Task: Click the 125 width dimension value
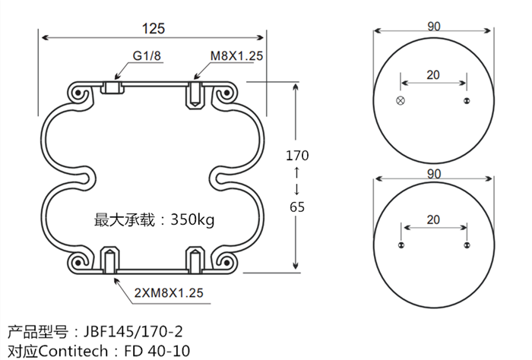(x=154, y=28)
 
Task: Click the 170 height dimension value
(x=297, y=156)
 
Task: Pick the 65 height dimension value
(x=297, y=206)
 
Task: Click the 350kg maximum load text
(x=193, y=220)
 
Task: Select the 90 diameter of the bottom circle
(x=434, y=174)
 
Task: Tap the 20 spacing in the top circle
(x=433, y=74)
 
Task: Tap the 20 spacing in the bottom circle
(x=433, y=219)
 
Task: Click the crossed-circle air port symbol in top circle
(x=401, y=101)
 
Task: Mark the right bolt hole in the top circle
(x=467, y=101)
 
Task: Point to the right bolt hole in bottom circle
(x=467, y=245)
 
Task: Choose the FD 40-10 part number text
(x=156, y=350)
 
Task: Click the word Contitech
(x=74, y=350)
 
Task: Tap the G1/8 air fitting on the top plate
(x=112, y=89)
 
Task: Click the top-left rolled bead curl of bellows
(x=79, y=93)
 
